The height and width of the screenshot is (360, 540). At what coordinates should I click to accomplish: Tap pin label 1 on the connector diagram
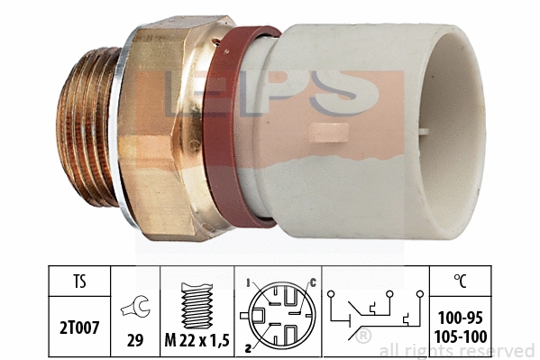pyautogui.click(x=247, y=282)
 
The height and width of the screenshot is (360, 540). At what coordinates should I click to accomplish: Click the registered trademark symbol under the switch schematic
pyautogui.click(x=363, y=337)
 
